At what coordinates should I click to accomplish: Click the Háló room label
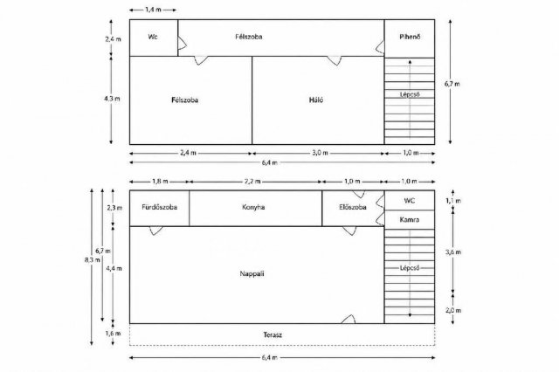coord(316,100)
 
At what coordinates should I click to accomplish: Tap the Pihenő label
coord(410,37)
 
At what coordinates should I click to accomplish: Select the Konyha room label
coord(253,207)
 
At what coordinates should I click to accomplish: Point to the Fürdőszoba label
coord(159,207)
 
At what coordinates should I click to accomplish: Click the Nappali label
coord(252,274)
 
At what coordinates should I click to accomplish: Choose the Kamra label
coord(410,220)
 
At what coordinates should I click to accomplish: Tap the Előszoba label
coord(353,207)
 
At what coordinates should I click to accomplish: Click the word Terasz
coord(273,335)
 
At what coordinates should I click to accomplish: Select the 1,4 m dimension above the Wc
coord(153,10)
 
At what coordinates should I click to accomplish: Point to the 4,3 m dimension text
coord(112,99)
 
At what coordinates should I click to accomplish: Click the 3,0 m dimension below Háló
coord(321,153)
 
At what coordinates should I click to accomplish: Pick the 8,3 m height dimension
coord(92,259)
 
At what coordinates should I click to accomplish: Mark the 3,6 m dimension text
coord(453,252)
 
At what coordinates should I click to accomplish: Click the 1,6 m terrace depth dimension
coord(113,334)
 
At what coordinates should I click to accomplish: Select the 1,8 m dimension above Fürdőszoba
coord(160,182)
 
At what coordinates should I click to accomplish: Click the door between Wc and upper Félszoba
coord(182,43)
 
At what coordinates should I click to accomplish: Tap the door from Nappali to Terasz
coord(349,320)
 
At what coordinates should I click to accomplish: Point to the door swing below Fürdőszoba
coord(155,231)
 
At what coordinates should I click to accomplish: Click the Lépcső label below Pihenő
coord(410,94)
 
